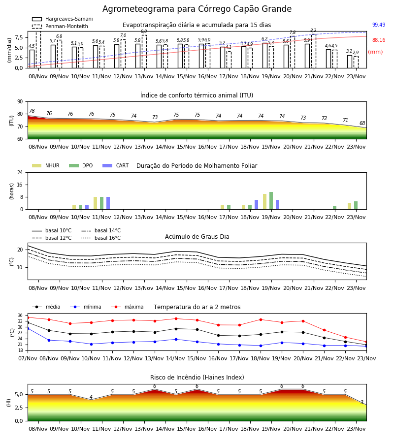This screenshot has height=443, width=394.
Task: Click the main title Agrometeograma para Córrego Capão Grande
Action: (197, 9)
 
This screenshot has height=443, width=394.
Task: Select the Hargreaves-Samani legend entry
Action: (62, 19)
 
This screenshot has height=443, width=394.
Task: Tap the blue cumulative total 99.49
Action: (379, 25)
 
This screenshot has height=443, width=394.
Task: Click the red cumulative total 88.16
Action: (379, 40)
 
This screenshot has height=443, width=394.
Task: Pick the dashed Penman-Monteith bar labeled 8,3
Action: (314, 51)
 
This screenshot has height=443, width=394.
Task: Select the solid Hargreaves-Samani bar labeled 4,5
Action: (32, 59)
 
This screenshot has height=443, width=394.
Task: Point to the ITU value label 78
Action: (32, 111)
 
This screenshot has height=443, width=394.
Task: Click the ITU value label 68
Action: (362, 123)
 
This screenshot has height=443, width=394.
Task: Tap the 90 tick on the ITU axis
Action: (20, 102)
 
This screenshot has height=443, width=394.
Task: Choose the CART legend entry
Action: (115, 165)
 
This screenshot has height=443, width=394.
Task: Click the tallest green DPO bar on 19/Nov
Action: (271, 201)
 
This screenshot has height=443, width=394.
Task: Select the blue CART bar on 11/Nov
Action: (108, 203)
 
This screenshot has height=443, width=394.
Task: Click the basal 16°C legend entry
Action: (100, 238)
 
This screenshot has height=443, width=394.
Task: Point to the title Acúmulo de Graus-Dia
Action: (197, 236)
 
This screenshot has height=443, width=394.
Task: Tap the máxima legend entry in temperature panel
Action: (127, 307)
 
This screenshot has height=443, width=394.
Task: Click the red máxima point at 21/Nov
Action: (324, 330)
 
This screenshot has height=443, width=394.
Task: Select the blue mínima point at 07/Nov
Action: (28, 329)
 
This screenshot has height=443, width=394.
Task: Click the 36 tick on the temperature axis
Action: (20, 316)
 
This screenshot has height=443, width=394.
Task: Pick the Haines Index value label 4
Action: (91, 397)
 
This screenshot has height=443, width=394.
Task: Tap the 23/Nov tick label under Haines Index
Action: (356, 429)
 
